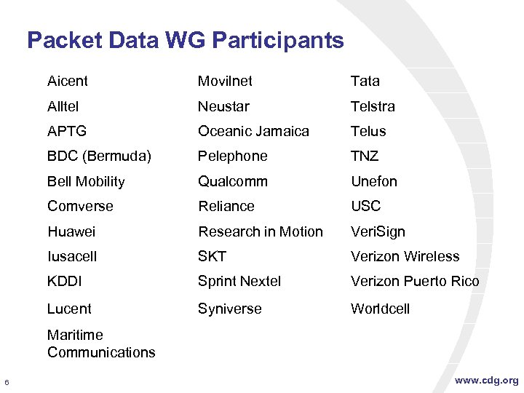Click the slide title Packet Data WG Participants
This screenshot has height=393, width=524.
point(185,40)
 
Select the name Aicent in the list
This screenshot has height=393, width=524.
point(68,81)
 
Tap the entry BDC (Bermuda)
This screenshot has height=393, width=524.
point(99,156)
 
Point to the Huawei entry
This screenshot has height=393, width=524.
point(71,231)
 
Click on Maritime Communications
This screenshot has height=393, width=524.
point(101,344)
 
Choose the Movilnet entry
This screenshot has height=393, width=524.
point(225,81)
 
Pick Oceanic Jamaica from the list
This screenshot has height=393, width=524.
point(253,131)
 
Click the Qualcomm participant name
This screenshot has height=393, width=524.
point(233,181)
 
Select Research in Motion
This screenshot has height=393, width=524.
point(261,231)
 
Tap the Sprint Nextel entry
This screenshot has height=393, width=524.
point(239,281)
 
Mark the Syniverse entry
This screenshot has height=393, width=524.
point(229,309)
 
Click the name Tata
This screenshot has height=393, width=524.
point(365,81)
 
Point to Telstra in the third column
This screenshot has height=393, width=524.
point(373,106)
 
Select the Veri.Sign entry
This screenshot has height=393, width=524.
point(378,231)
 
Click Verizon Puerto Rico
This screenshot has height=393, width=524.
point(415,281)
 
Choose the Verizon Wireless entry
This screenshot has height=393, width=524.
point(405,256)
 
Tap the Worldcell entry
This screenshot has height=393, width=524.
point(380,309)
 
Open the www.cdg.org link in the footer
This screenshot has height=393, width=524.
point(486,380)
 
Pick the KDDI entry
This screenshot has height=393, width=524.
point(65,281)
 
